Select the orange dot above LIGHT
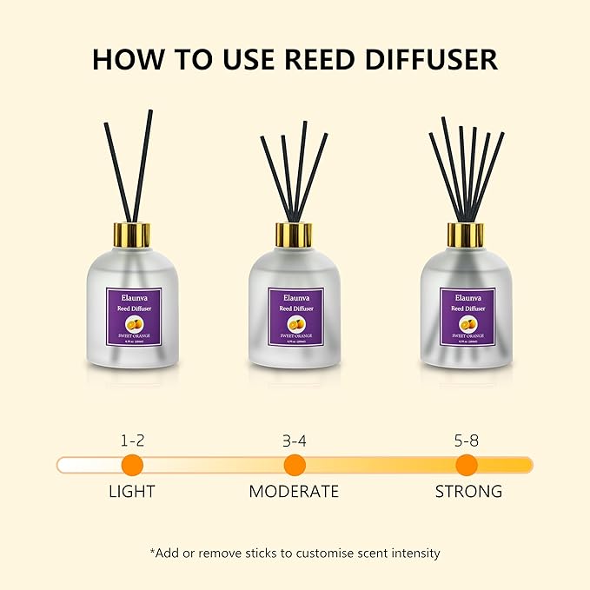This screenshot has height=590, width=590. [132, 464]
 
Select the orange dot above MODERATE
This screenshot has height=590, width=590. [295, 464]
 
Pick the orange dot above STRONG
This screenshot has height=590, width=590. [467, 464]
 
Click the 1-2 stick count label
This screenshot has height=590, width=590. [132, 441]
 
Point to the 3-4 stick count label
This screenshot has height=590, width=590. [295, 441]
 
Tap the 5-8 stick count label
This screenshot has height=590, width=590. [467, 441]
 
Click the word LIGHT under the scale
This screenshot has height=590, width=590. [132, 491]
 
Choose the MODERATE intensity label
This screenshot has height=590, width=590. [294, 491]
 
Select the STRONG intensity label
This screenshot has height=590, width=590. [468, 491]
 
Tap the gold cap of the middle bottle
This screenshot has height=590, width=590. [295, 235]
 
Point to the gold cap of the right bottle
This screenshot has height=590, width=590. [466, 235]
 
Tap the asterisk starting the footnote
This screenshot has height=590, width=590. [153, 551]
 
